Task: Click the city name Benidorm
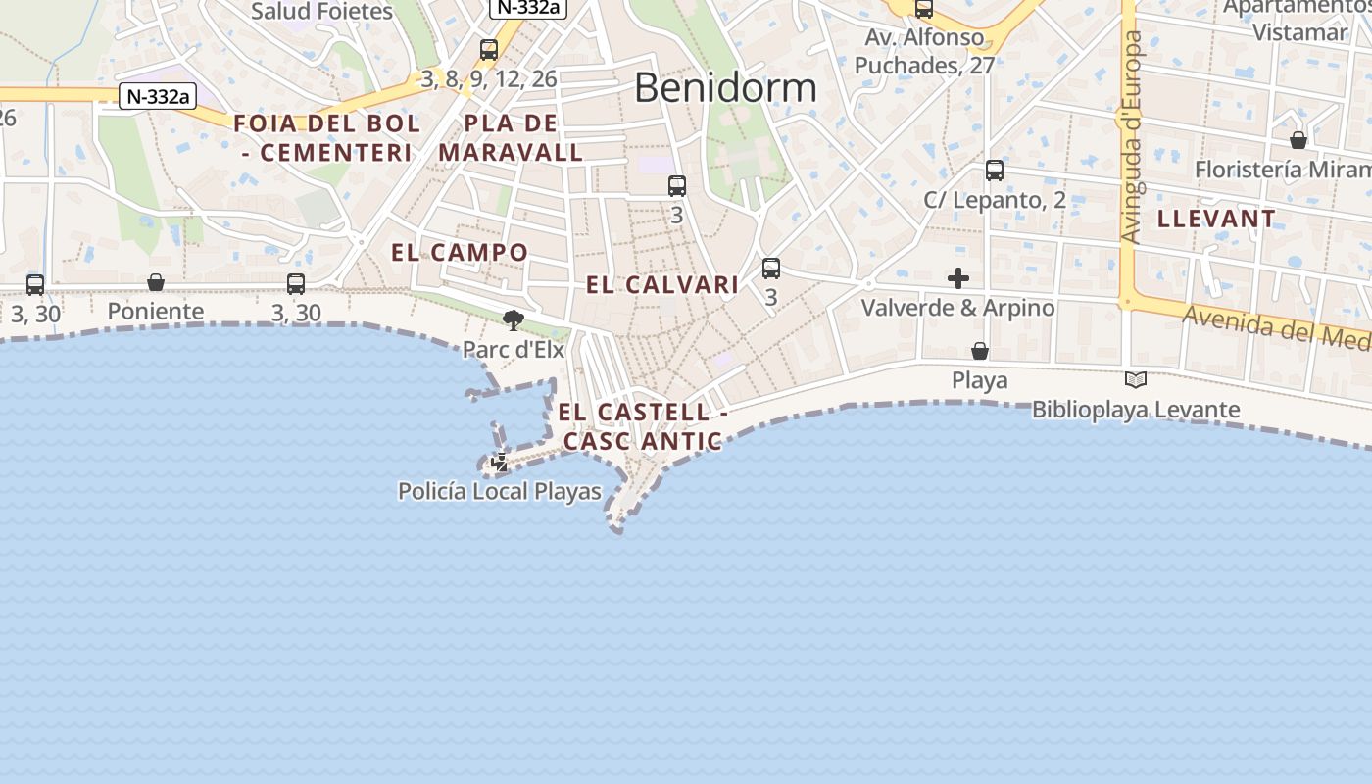click(x=725, y=88)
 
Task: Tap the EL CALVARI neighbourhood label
click(x=662, y=285)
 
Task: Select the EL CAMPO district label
click(x=460, y=253)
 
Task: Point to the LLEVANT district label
click(x=1216, y=219)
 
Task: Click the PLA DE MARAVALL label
click(x=511, y=138)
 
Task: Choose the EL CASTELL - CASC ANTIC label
click(x=643, y=427)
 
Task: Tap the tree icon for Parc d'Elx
click(x=513, y=319)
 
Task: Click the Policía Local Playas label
click(x=500, y=491)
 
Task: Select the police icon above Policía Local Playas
click(x=500, y=462)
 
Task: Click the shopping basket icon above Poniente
click(x=156, y=283)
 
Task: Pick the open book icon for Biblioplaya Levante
click(x=1136, y=380)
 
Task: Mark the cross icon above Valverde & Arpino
click(x=958, y=278)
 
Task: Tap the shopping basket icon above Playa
click(x=979, y=351)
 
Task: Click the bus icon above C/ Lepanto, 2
click(x=995, y=171)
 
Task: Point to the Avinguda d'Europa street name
click(x=1132, y=137)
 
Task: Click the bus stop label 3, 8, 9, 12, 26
click(x=489, y=78)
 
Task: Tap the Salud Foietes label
click(x=321, y=12)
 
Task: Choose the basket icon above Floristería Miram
click(x=1298, y=140)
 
